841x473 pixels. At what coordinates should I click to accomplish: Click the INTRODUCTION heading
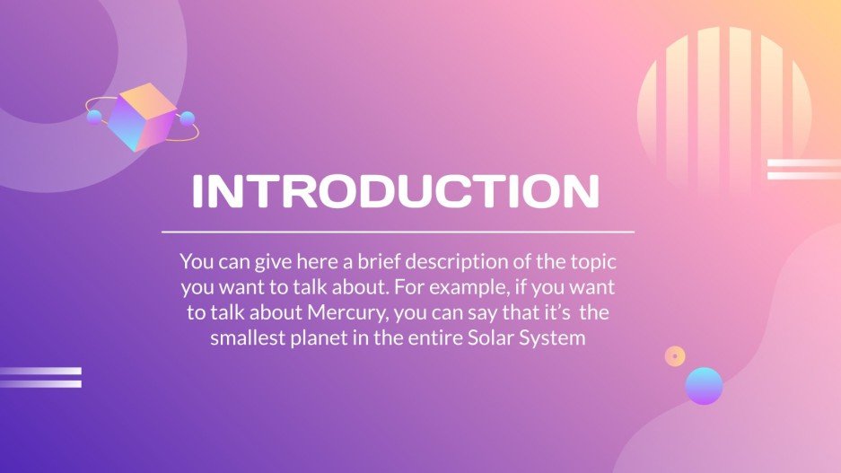coord(396,191)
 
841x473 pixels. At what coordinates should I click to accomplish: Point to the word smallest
coord(250,338)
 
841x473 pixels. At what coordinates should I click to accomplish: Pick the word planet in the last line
coord(325,338)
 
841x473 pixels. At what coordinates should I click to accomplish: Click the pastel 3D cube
coord(141,117)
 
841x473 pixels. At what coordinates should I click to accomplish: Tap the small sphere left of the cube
coord(94,116)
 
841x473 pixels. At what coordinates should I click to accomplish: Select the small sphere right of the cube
coord(188,118)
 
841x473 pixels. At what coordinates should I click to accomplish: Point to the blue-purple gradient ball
coord(704,386)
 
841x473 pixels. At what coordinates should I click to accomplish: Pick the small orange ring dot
coord(675,355)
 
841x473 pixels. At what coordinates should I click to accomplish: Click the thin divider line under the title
coord(398,232)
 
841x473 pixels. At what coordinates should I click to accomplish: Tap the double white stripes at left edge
coord(40,377)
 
